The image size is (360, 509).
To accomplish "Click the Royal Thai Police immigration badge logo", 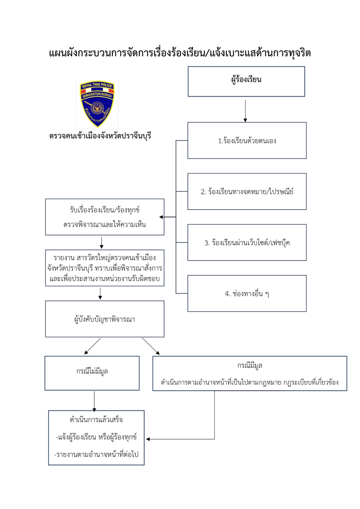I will tap(97, 104).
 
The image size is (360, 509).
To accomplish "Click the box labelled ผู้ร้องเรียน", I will tap(246, 81).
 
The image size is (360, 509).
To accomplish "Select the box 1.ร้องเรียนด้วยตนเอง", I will tap(247, 141).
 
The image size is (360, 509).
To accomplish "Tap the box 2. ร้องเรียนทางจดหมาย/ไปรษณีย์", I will tap(247, 191).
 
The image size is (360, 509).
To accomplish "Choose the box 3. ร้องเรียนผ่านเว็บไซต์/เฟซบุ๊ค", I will tap(247, 243).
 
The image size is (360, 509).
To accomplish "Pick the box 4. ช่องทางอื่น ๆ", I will tap(247, 293).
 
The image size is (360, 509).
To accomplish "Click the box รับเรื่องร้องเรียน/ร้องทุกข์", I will tap(104, 217).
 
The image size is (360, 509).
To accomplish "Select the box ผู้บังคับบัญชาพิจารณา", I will tap(104, 319).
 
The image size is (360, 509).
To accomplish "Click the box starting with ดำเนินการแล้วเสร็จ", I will tap(96, 437).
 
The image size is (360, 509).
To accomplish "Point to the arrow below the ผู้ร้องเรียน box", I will tap(246, 110).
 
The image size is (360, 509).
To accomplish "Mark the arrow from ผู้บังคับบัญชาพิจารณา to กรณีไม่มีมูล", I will tap(92, 346).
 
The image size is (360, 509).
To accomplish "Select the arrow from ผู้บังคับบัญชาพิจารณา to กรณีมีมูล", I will tap(151, 346).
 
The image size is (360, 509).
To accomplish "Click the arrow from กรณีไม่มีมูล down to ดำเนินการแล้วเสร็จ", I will tap(94, 400).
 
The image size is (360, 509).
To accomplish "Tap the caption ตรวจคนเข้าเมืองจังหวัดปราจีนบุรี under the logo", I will tap(99, 135).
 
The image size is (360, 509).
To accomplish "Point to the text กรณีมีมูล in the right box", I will tap(250, 366).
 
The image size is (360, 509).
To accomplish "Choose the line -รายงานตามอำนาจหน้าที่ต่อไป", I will tap(96, 454).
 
